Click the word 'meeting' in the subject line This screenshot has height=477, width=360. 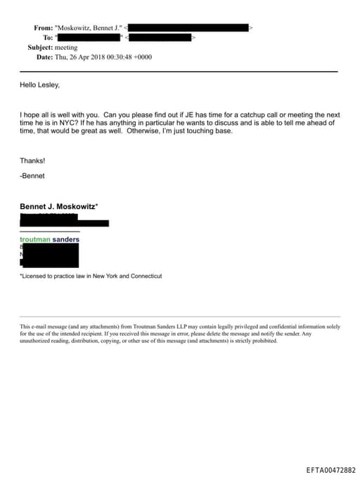coord(66,47)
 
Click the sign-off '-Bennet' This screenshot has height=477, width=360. coord(32,175)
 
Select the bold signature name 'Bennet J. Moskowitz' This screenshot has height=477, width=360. coord(58,206)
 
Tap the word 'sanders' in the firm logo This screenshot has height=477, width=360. coord(66,240)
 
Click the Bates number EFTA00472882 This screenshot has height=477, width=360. coord(331,469)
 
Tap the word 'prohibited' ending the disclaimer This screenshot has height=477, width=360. coord(263,341)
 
